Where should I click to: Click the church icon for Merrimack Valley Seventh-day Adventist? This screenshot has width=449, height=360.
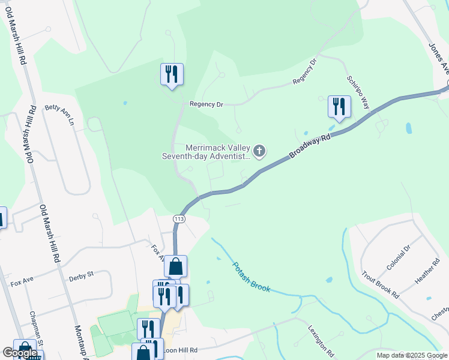click(259, 151)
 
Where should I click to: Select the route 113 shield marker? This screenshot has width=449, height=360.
click(179, 219)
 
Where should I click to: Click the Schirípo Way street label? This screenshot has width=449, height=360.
click(359, 92)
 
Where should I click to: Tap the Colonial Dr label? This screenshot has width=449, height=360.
click(398, 257)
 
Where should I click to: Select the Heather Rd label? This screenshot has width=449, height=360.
click(428, 271)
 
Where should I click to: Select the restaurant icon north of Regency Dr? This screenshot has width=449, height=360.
click(172, 74)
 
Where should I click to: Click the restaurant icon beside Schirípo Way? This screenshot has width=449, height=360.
click(339, 107)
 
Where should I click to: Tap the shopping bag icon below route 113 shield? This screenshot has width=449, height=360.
click(175, 266)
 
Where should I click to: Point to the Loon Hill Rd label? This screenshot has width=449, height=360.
click(179, 349)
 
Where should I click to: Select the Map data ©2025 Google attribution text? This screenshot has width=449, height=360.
click(412, 355)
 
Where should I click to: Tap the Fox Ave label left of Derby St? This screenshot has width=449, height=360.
click(21, 279)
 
